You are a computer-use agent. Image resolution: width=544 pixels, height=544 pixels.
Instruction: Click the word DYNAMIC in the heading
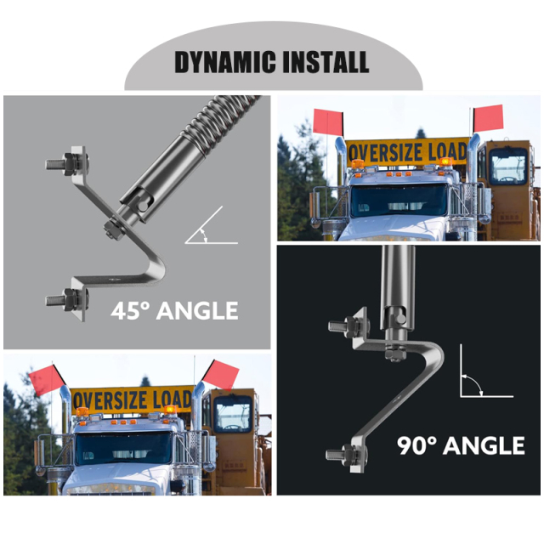[x=225, y=62]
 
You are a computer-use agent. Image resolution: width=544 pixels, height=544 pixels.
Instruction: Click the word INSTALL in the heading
[x=326, y=62]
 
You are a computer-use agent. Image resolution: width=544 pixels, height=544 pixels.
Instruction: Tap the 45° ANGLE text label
[x=174, y=310]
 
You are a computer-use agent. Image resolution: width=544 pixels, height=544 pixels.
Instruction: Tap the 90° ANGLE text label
[x=461, y=445]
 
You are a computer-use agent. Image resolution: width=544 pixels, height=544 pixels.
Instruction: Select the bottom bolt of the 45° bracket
[x=67, y=299]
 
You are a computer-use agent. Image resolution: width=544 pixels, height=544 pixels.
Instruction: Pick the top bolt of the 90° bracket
[x=348, y=326]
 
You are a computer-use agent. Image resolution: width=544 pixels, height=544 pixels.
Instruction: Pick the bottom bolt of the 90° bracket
[x=346, y=455]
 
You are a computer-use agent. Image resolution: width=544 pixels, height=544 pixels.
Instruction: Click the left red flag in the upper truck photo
[x=329, y=121]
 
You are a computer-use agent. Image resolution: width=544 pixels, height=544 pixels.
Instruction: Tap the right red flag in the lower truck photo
[x=221, y=375]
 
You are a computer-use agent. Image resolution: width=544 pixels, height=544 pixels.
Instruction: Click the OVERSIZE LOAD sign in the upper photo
[x=408, y=152]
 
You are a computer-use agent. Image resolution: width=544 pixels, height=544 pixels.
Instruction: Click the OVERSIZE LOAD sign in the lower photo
[x=133, y=400]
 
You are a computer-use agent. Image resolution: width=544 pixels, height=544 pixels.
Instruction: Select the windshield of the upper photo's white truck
[x=399, y=201]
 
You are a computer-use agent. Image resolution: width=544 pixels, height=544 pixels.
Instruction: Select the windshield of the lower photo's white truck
[x=124, y=448]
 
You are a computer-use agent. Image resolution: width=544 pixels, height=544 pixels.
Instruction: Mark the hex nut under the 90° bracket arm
[x=395, y=354]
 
